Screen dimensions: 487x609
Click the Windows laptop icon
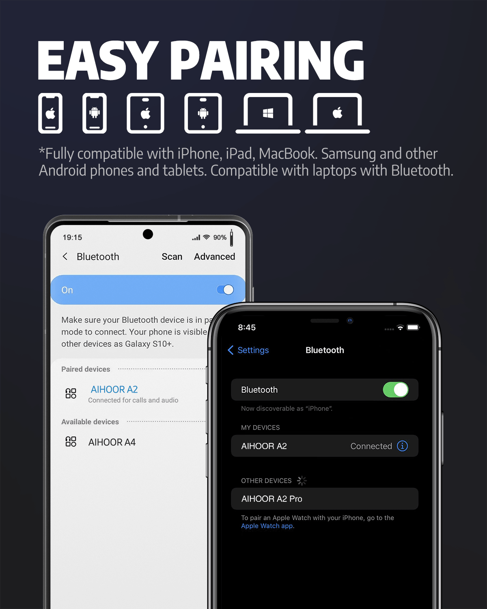click(268, 113)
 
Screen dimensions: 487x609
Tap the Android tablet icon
click(203, 113)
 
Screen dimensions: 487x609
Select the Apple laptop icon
click(337, 113)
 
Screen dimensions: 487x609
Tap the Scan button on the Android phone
click(172, 257)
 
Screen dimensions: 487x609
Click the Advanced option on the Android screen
click(215, 257)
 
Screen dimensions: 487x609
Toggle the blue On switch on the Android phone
click(225, 290)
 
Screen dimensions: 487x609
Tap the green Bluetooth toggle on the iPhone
click(395, 390)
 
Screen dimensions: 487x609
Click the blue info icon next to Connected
click(402, 446)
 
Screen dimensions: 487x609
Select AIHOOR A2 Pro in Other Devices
click(272, 499)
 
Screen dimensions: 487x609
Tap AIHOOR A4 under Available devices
click(112, 442)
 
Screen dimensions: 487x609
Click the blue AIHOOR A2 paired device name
click(114, 389)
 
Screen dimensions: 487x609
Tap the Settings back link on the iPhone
click(248, 350)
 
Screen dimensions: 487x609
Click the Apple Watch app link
click(267, 526)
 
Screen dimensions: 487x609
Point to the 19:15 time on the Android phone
click(72, 237)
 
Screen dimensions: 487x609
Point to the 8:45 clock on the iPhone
click(247, 327)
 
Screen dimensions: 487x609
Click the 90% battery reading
click(220, 237)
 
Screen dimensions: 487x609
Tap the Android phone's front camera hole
click(148, 234)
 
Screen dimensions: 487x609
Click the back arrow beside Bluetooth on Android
click(65, 257)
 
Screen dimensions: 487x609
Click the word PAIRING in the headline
click(267, 60)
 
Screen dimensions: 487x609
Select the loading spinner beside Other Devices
click(302, 481)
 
